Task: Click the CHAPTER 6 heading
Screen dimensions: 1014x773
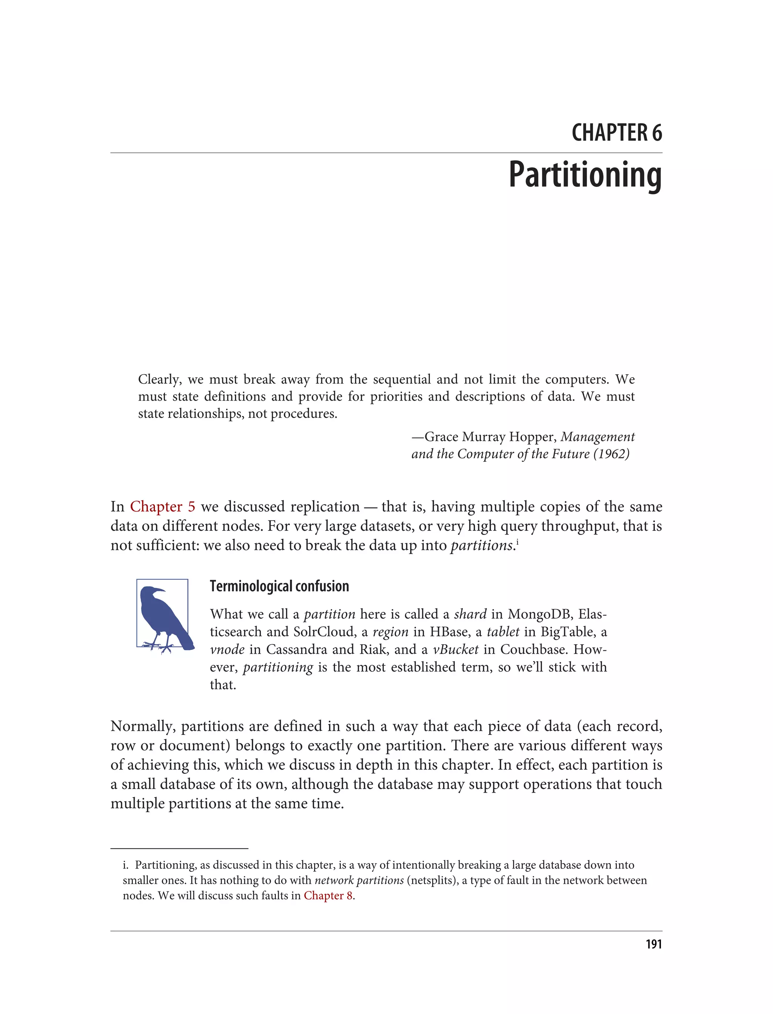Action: coord(617,133)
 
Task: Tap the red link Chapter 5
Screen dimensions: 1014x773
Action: coord(162,507)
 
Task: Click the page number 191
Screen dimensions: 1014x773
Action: coord(653,944)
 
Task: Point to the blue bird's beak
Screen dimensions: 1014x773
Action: coord(160,590)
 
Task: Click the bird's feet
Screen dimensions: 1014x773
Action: coord(159,647)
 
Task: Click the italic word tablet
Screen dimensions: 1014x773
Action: coord(503,632)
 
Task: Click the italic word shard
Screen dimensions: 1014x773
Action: coord(470,615)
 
